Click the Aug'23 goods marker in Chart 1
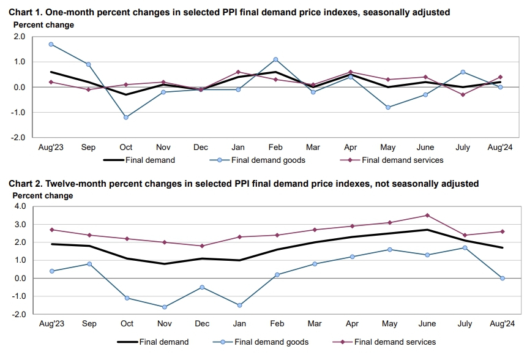[51, 44]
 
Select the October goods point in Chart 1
[126, 117]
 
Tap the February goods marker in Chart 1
[276, 59]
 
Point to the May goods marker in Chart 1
[388, 107]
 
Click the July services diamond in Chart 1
[463, 94]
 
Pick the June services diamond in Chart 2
[427, 216]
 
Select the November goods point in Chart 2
[163, 307]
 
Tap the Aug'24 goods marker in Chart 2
[503, 278]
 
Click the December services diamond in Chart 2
[201, 246]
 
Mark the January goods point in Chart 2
[239, 305]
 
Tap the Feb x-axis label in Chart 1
[276, 148]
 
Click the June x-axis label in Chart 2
[427, 323]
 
